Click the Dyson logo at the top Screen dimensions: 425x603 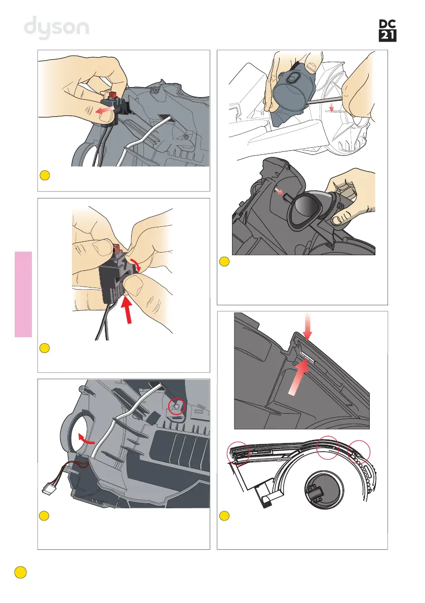(57, 27)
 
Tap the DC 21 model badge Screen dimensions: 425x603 (388, 30)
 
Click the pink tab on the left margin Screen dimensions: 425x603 (23, 294)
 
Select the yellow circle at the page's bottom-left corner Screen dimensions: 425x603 (20, 572)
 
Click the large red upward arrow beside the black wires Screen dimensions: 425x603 (127, 309)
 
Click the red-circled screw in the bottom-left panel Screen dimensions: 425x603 (177, 407)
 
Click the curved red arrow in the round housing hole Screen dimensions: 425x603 (86, 438)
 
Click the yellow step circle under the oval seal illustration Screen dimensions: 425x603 (224, 262)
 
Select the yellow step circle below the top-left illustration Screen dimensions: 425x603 (45, 176)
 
